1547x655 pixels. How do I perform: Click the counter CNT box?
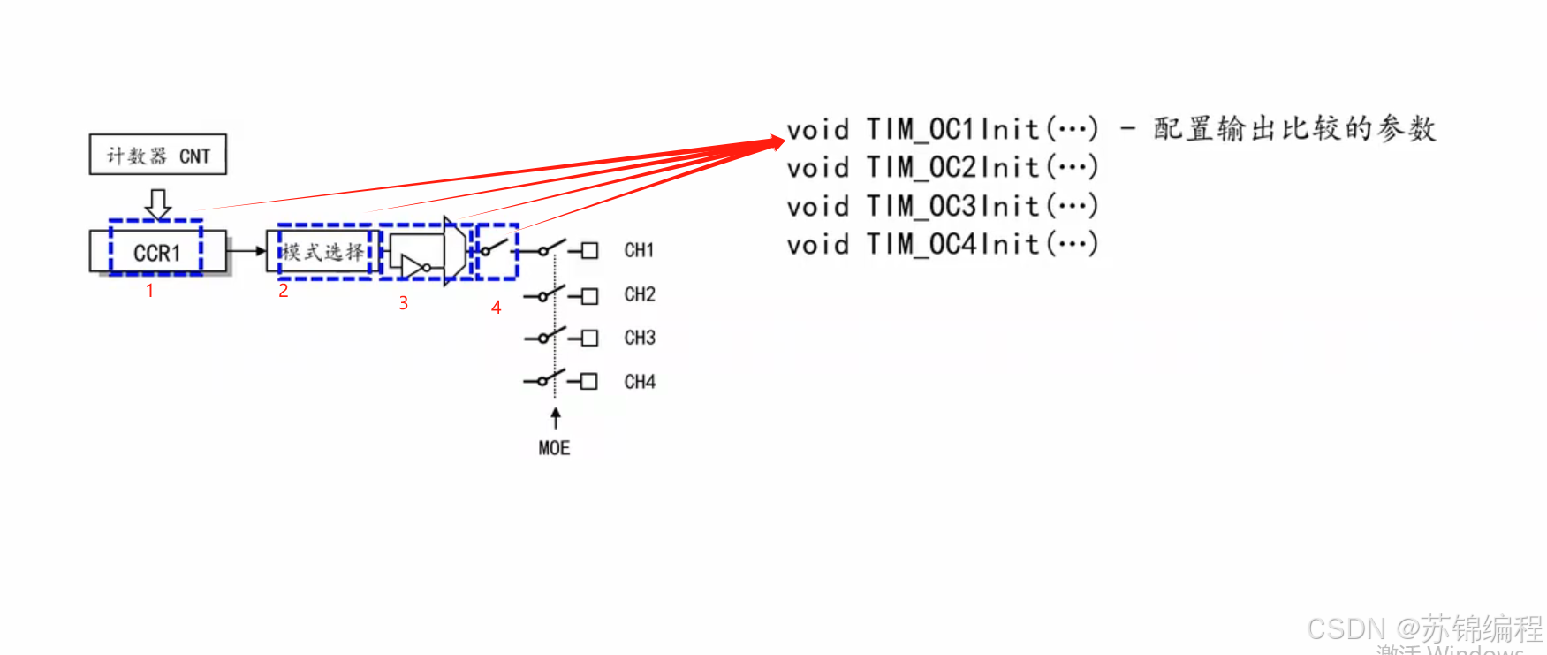(157, 155)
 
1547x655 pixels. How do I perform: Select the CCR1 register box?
(157, 253)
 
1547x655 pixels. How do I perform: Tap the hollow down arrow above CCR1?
(158, 204)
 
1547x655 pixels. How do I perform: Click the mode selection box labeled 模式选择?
(323, 253)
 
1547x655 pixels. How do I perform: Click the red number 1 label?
(150, 291)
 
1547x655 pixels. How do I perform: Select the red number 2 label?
(284, 291)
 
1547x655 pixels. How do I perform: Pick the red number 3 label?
(403, 303)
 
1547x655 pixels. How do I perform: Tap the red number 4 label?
(497, 308)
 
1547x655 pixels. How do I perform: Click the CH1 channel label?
(639, 250)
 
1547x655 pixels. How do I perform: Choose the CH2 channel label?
(640, 294)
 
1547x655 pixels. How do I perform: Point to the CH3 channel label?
(640, 338)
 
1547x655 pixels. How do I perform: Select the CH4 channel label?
(640, 382)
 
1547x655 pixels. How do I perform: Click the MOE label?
(554, 448)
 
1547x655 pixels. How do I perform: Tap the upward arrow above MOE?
(555, 418)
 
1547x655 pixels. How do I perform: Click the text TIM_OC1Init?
(952, 130)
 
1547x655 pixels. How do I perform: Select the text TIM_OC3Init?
(952, 207)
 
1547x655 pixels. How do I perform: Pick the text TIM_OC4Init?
(952, 245)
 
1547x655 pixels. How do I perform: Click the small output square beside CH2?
(590, 295)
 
